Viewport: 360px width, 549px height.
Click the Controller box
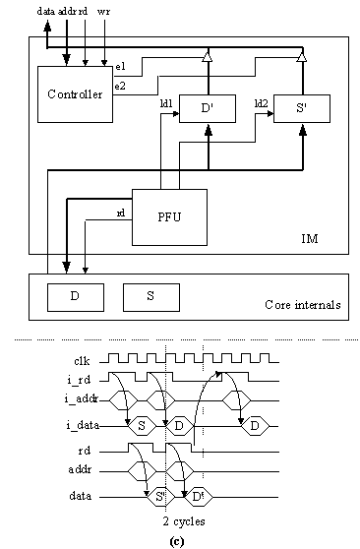tap(74, 94)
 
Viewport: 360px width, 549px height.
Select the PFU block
tap(170, 215)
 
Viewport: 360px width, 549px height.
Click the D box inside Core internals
tap(76, 296)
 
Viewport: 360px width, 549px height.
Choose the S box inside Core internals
tap(150, 296)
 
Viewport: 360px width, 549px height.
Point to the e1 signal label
tap(120, 66)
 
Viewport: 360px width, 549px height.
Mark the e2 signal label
tap(120, 87)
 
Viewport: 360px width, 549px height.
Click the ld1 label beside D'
tap(166, 103)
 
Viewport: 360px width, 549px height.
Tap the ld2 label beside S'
tap(262, 103)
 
